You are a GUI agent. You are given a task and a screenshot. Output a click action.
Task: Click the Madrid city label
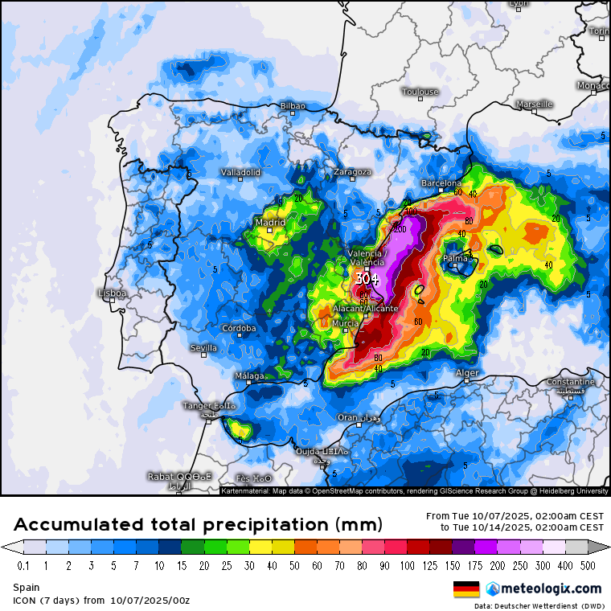pos(270,223)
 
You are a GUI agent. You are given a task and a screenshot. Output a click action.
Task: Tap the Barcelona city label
pos(441,183)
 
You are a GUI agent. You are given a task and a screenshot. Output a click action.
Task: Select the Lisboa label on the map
pos(112,293)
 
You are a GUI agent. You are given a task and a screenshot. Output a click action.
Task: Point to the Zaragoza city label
pos(353,172)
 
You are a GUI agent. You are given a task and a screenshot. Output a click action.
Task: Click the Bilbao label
pos(293,106)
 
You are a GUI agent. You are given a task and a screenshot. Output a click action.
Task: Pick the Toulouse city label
pos(420,92)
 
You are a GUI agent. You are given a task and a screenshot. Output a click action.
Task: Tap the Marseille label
pos(534,105)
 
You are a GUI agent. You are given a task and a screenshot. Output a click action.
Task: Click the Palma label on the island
pos(456,259)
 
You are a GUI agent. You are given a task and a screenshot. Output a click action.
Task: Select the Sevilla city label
pos(203,348)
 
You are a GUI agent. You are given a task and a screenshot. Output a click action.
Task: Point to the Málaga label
pos(248,375)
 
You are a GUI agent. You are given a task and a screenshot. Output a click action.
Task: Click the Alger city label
pos(467,373)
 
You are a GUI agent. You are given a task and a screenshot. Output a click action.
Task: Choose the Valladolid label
pos(240,172)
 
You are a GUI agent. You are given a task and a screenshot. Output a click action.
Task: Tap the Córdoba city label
pos(239,328)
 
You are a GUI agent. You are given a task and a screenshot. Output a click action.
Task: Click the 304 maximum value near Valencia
pos(367,279)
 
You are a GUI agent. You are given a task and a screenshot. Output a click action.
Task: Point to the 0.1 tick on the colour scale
pos(24,566)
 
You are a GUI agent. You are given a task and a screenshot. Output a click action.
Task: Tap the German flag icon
pos(466,588)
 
